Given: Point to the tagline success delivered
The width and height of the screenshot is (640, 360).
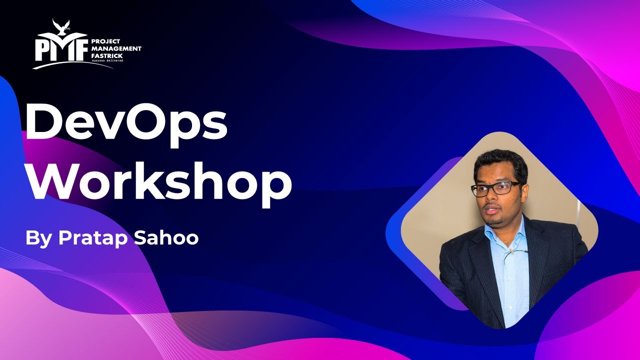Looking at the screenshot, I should point(106,61).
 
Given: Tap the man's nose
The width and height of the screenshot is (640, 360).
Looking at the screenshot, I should point(493,198).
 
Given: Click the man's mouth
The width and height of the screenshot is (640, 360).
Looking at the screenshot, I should point(492,208).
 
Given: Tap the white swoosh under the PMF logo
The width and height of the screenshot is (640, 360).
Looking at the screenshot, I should point(72,63).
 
